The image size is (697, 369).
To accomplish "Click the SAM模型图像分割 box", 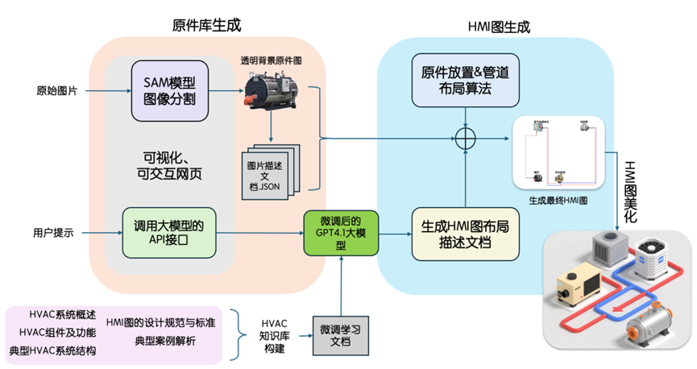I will [x=170, y=90].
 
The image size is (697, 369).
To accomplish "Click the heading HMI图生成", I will [x=499, y=27].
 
